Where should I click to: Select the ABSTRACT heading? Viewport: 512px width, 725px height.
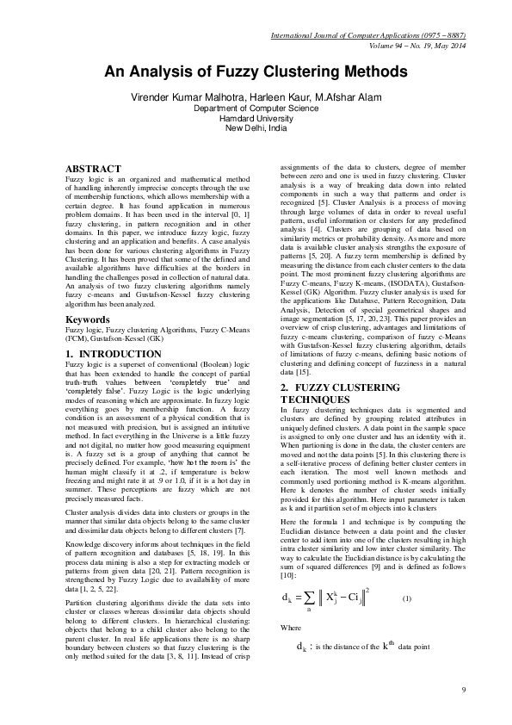(x=93, y=167)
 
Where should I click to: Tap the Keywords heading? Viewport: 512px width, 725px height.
(x=88, y=343)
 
